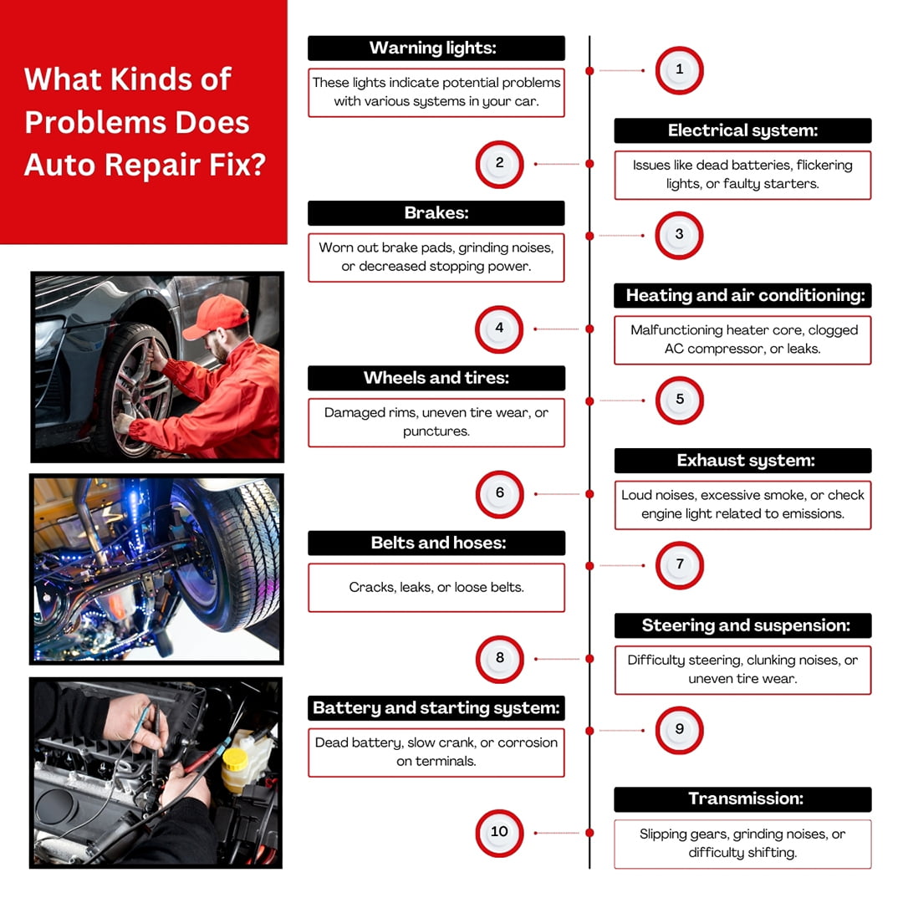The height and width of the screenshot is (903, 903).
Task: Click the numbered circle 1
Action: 680,70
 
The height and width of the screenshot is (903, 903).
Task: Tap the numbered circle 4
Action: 499,329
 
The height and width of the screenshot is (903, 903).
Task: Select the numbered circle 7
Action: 680,565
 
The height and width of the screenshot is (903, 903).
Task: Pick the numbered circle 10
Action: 499,833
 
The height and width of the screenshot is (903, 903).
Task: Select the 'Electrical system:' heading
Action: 743,130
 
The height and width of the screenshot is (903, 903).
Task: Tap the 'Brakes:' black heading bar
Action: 436,213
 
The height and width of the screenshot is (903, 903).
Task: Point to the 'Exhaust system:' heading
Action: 743,461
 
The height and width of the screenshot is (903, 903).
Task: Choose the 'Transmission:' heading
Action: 743,799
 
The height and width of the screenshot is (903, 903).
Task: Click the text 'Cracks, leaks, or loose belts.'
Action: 436,588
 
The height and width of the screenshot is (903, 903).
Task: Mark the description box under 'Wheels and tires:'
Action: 436,422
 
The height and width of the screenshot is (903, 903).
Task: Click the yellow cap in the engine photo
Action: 235,758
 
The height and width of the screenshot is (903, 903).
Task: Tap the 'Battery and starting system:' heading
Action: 436,708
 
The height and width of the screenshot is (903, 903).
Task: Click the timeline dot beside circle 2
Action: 589,164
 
